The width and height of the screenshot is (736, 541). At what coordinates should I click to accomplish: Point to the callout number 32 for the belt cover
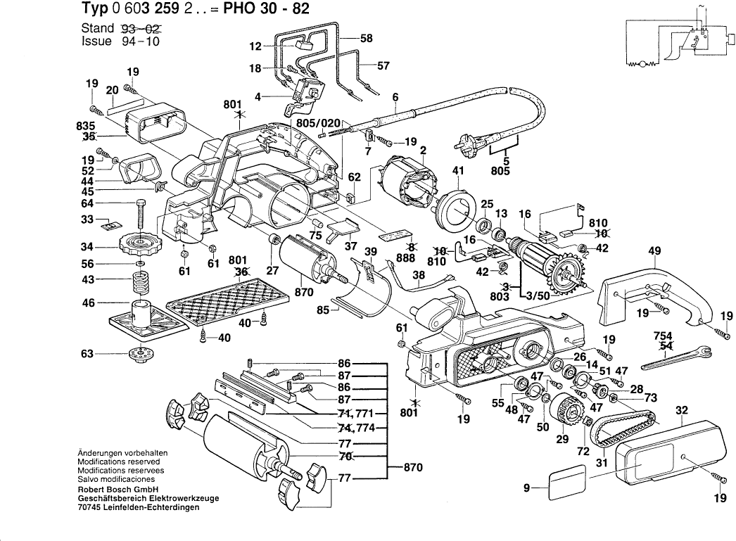point(681,410)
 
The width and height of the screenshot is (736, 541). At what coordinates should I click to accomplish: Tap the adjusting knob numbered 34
point(141,247)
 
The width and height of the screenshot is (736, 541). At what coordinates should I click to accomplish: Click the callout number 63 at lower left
point(88,354)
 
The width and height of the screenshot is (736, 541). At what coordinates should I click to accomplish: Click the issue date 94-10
point(141,42)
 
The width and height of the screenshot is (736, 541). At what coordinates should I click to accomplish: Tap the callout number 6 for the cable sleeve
point(395,97)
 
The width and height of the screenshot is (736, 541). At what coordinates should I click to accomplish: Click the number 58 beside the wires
point(366,39)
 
